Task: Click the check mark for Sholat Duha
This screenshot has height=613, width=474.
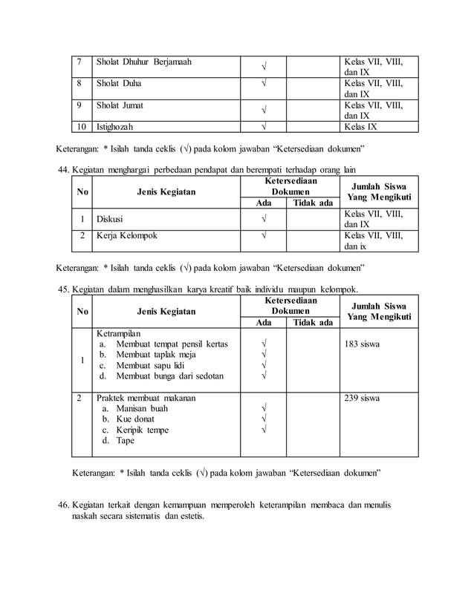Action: coord(263,84)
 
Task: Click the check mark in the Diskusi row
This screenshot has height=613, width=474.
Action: coord(263,220)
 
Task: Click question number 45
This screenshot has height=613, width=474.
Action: coord(65,289)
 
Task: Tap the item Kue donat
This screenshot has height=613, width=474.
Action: coord(137,419)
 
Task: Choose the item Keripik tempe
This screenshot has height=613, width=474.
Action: coord(142,430)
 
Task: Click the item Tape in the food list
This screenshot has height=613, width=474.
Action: coord(126,441)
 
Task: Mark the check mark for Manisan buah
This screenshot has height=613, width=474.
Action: coord(263,409)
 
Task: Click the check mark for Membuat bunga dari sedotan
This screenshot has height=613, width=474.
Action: coord(263,376)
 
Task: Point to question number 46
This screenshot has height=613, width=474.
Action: coord(65,505)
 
